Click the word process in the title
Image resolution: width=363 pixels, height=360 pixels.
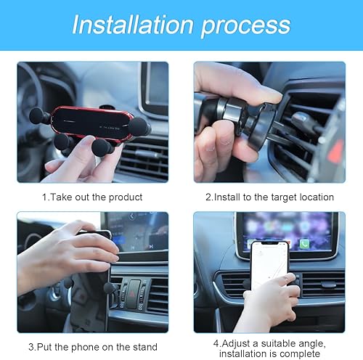click(x=250, y=26)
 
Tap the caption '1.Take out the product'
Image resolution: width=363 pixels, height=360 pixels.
click(x=92, y=196)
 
